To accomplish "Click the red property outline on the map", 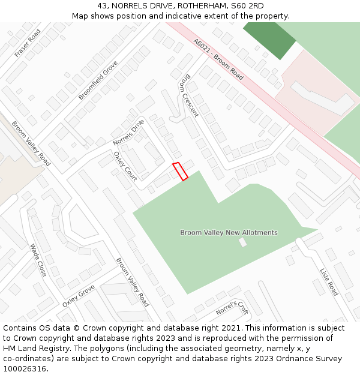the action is [x=180, y=171].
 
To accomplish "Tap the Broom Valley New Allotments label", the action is [x=229, y=232].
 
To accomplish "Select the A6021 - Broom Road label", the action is [x=218, y=59].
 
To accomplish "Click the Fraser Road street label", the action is [x=28, y=43].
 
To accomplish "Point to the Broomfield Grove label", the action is [x=98, y=80].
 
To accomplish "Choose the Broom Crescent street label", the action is [x=188, y=95].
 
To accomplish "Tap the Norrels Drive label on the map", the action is [x=128, y=133].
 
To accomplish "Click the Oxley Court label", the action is [x=125, y=166].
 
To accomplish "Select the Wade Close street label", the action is [x=38, y=259].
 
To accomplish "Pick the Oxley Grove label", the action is [x=78, y=296].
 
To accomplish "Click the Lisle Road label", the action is [x=329, y=281].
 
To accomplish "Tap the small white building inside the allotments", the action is [x=242, y=242].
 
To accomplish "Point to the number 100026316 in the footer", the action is [x=25, y=368].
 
